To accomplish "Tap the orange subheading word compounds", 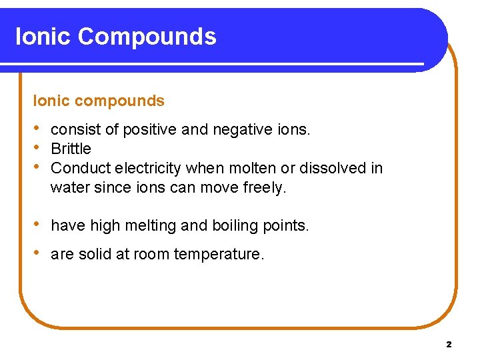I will coord(122,101).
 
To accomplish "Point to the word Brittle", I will coord(71,149).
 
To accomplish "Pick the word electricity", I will coord(147,168).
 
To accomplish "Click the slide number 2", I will coord(449,345).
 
